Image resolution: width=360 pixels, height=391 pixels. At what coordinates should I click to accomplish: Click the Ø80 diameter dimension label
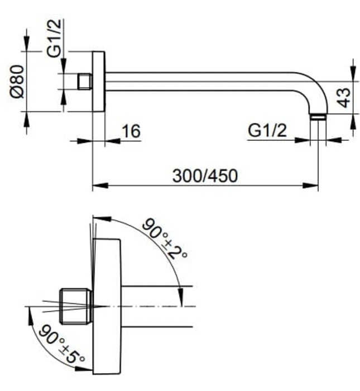(x=17, y=82)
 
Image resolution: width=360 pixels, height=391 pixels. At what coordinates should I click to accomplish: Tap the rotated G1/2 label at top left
(x=54, y=38)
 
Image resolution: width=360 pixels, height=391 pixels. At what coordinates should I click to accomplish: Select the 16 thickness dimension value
(x=131, y=131)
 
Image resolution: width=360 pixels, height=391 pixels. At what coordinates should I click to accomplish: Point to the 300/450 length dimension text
(x=205, y=176)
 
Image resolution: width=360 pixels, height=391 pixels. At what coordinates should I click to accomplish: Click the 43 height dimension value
(x=345, y=98)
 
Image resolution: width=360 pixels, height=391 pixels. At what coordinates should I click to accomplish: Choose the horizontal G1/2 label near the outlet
(x=267, y=130)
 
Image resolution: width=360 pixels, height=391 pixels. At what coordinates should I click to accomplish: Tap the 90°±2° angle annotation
(x=165, y=239)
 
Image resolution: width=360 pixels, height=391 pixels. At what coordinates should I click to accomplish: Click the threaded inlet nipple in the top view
(x=85, y=82)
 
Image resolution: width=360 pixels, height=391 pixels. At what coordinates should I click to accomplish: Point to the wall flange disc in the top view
(x=99, y=82)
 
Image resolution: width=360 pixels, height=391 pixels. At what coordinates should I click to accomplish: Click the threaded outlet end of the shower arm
(x=318, y=117)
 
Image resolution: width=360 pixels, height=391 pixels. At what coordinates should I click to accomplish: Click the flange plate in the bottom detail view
(x=107, y=307)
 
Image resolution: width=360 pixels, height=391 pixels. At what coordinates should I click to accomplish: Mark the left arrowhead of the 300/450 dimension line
(x=100, y=185)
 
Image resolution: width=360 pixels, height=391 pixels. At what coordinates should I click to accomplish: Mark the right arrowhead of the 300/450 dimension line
(x=310, y=185)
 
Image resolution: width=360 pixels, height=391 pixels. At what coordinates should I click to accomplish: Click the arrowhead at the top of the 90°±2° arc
(x=102, y=218)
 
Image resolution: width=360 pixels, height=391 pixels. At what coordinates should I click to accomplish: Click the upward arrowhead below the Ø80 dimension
(x=27, y=120)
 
